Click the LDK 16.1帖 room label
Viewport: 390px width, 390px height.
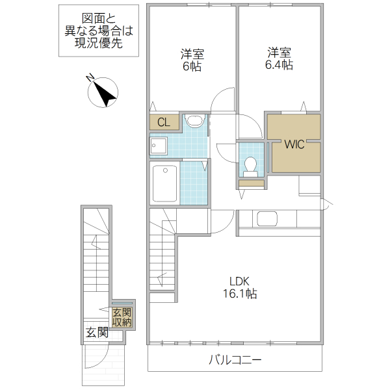coord(239,287)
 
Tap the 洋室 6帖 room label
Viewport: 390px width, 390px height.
coord(192,60)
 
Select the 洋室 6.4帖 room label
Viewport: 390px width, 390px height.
coord(279,58)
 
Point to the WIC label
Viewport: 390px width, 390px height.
coord(294,144)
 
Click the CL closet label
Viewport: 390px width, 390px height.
coord(164,122)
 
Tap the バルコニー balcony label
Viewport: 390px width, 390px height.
coord(235,360)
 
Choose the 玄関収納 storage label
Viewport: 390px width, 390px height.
coord(122,317)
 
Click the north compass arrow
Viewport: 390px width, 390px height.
coord(105,93)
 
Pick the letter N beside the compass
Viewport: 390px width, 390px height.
coord(90,77)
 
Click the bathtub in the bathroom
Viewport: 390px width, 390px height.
coord(164,183)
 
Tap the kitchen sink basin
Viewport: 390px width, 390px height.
coord(267,218)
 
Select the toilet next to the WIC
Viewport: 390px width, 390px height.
coord(250,166)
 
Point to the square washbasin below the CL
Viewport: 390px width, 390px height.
coord(158,146)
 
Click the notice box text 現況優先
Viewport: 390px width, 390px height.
coord(99,44)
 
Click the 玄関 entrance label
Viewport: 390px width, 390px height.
coord(97,332)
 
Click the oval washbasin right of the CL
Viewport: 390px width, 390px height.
coord(196,120)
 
